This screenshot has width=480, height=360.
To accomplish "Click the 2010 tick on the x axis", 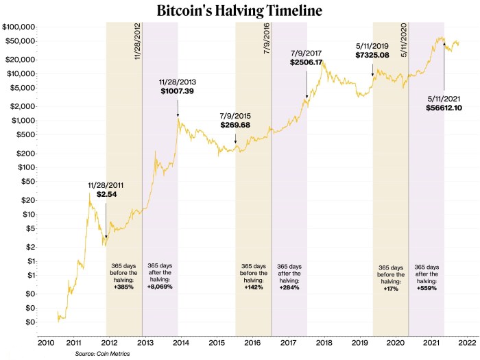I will click(46, 341).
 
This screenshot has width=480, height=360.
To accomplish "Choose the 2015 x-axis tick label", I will click(217, 341).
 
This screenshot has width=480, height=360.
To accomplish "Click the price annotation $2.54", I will click(106, 195).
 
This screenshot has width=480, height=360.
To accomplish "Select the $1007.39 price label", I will click(178, 90).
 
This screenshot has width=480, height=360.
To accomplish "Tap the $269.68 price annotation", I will click(235, 125).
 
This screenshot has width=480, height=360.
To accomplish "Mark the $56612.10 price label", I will click(445, 107).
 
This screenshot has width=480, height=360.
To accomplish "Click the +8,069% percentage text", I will click(160, 287).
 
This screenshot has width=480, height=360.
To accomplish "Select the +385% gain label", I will click(124, 287).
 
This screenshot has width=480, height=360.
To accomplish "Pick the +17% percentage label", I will click(391, 289).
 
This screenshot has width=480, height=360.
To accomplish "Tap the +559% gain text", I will click(427, 289).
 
